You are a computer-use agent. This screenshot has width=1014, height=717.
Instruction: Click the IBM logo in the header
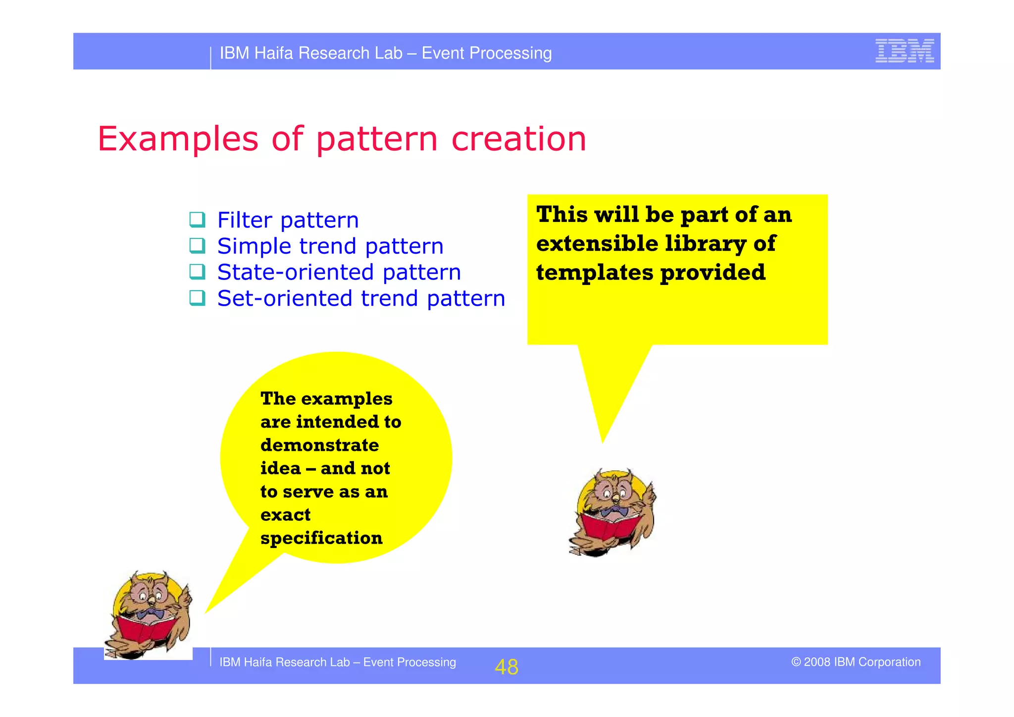(904, 51)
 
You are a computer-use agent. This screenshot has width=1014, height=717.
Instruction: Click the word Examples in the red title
(178, 139)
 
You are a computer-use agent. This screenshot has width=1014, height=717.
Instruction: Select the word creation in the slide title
(518, 139)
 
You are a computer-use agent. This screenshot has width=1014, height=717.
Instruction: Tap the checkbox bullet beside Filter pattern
(197, 220)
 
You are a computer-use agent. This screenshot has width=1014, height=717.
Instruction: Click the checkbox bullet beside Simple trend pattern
(197, 246)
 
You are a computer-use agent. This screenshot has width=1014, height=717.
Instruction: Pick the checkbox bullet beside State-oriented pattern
(197, 272)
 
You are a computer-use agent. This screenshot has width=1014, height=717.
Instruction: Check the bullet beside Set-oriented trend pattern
(197, 298)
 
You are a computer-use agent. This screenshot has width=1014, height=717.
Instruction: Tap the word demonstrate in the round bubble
(319, 445)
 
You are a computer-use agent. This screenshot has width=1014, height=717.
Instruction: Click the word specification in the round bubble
(321, 538)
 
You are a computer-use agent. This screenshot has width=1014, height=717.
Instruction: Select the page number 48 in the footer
(506, 667)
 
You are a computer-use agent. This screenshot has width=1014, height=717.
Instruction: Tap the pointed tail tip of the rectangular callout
(602, 441)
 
